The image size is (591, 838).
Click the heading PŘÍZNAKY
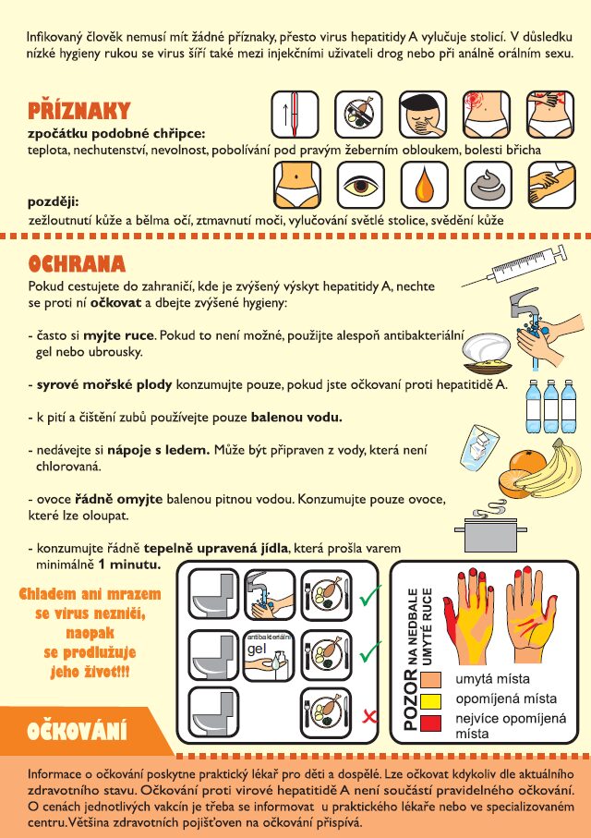point(79,111)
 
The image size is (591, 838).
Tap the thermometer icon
point(295,115)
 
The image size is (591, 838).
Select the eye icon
point(361,186)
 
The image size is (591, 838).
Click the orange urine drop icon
point(424,186)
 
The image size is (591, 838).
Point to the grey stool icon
point(488,186)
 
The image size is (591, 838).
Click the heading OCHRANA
point(77,263)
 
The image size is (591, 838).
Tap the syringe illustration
point(513,266)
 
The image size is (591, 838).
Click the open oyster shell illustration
point(488,353)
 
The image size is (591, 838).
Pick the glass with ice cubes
point(479,445)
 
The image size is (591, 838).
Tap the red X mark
point(369,716)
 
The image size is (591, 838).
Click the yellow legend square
point(430,700)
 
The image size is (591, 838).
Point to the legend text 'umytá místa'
point(492,679)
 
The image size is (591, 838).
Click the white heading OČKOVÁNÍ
point(77,731)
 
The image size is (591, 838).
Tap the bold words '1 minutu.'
point(129,565)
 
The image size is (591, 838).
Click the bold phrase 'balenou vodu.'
point(296,418)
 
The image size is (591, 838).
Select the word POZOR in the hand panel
point(410,700)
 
